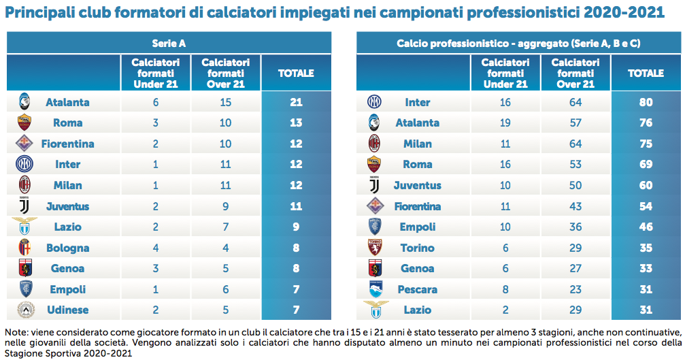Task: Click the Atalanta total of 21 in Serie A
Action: [296, 103]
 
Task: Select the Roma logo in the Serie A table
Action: [24, 123]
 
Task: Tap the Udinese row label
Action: [67, 310]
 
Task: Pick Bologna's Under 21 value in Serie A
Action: [156, 248]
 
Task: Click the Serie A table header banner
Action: [169, 43]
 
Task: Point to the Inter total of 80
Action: [646, 103]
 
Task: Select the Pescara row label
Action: [417, 290]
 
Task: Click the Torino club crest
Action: [374, 248]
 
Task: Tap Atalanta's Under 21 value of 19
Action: [505, 123]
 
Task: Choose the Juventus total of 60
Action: [646, 186]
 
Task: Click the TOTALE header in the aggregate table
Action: [646, 73]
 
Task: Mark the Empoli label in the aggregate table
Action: [417, 227]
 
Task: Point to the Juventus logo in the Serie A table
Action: [24, 206]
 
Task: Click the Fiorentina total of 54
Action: [646, 206]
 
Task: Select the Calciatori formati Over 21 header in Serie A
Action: [226, 73]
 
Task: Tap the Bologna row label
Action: [67, 248]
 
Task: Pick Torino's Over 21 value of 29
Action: [575, 248]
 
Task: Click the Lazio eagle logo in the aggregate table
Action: [374, 309]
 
